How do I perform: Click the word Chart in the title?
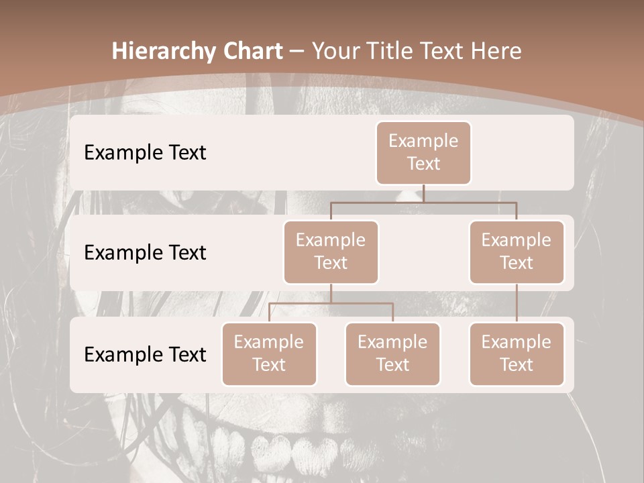tap(253, 51)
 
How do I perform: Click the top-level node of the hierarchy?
tap(423, 152)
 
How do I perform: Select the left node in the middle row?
tap(331, 252)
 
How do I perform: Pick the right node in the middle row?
tap(517, 252)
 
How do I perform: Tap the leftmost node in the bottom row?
tap(269, 354)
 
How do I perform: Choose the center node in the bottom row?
tap(392, 354)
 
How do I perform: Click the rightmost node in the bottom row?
tap(517, 354)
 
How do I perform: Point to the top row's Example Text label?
tap(145, 152)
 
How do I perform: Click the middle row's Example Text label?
tap(145, 252)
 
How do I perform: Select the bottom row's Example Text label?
tap(145, 354)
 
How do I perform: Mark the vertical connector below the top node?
tap(423, 193)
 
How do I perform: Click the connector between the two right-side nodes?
tap(517, 303)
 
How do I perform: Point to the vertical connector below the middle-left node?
tap(331, 294)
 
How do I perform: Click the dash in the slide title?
tap(297, 52)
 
